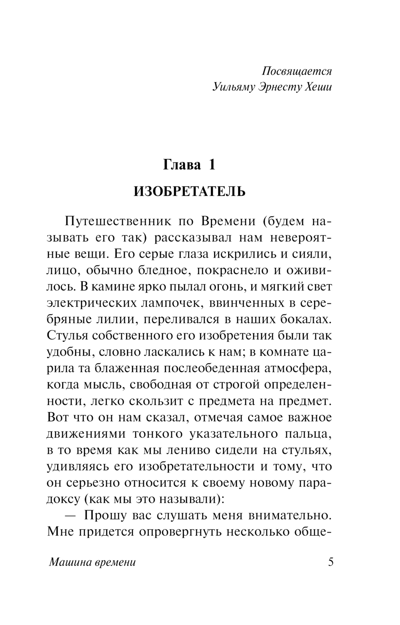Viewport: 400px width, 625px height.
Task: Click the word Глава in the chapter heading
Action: (182, 164)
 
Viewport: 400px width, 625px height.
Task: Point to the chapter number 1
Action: (212, 164)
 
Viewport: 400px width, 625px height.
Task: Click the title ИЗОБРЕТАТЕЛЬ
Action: (189, 192)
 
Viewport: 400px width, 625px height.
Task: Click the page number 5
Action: (330, 562)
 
